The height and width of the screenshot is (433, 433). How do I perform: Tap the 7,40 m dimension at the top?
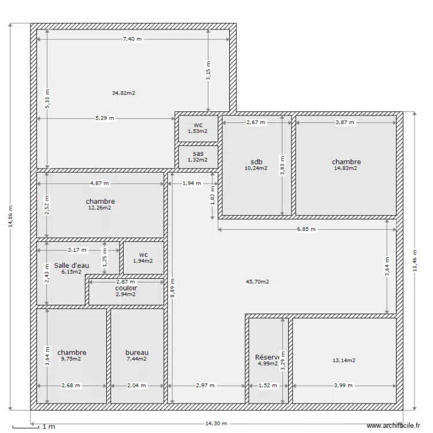click(x=132, y=39)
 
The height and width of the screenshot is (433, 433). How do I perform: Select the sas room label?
click(x=198, y=154)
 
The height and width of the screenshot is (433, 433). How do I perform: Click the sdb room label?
click(x=256, y=162)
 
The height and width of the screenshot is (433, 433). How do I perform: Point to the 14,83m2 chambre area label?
click(x=346, y=169)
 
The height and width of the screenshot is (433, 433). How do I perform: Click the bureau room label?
click(x=137, y=352)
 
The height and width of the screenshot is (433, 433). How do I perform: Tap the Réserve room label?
click(x=267, y=357)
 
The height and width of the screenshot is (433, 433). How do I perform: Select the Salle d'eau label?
click(x=72, y=265)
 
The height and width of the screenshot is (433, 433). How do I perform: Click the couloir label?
click(x=126, y=288)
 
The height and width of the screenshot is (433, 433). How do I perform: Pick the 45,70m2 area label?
click(x=257, y=282)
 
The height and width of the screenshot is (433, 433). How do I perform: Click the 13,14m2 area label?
click(x=344, y=360)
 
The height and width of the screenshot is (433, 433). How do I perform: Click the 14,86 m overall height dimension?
click(x=10, y=216)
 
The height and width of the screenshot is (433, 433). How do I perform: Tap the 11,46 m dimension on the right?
click(x=415, y=260)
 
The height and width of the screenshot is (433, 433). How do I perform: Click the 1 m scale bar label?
click(x=48, y=427)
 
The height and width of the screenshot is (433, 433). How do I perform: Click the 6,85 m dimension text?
click(x=307, y=229)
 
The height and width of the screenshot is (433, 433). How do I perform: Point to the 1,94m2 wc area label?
click(x=143, y=261)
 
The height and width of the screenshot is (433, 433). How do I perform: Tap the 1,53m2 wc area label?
click(x=198, y=131)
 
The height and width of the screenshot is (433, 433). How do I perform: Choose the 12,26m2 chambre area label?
click(x=100, y=208)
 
